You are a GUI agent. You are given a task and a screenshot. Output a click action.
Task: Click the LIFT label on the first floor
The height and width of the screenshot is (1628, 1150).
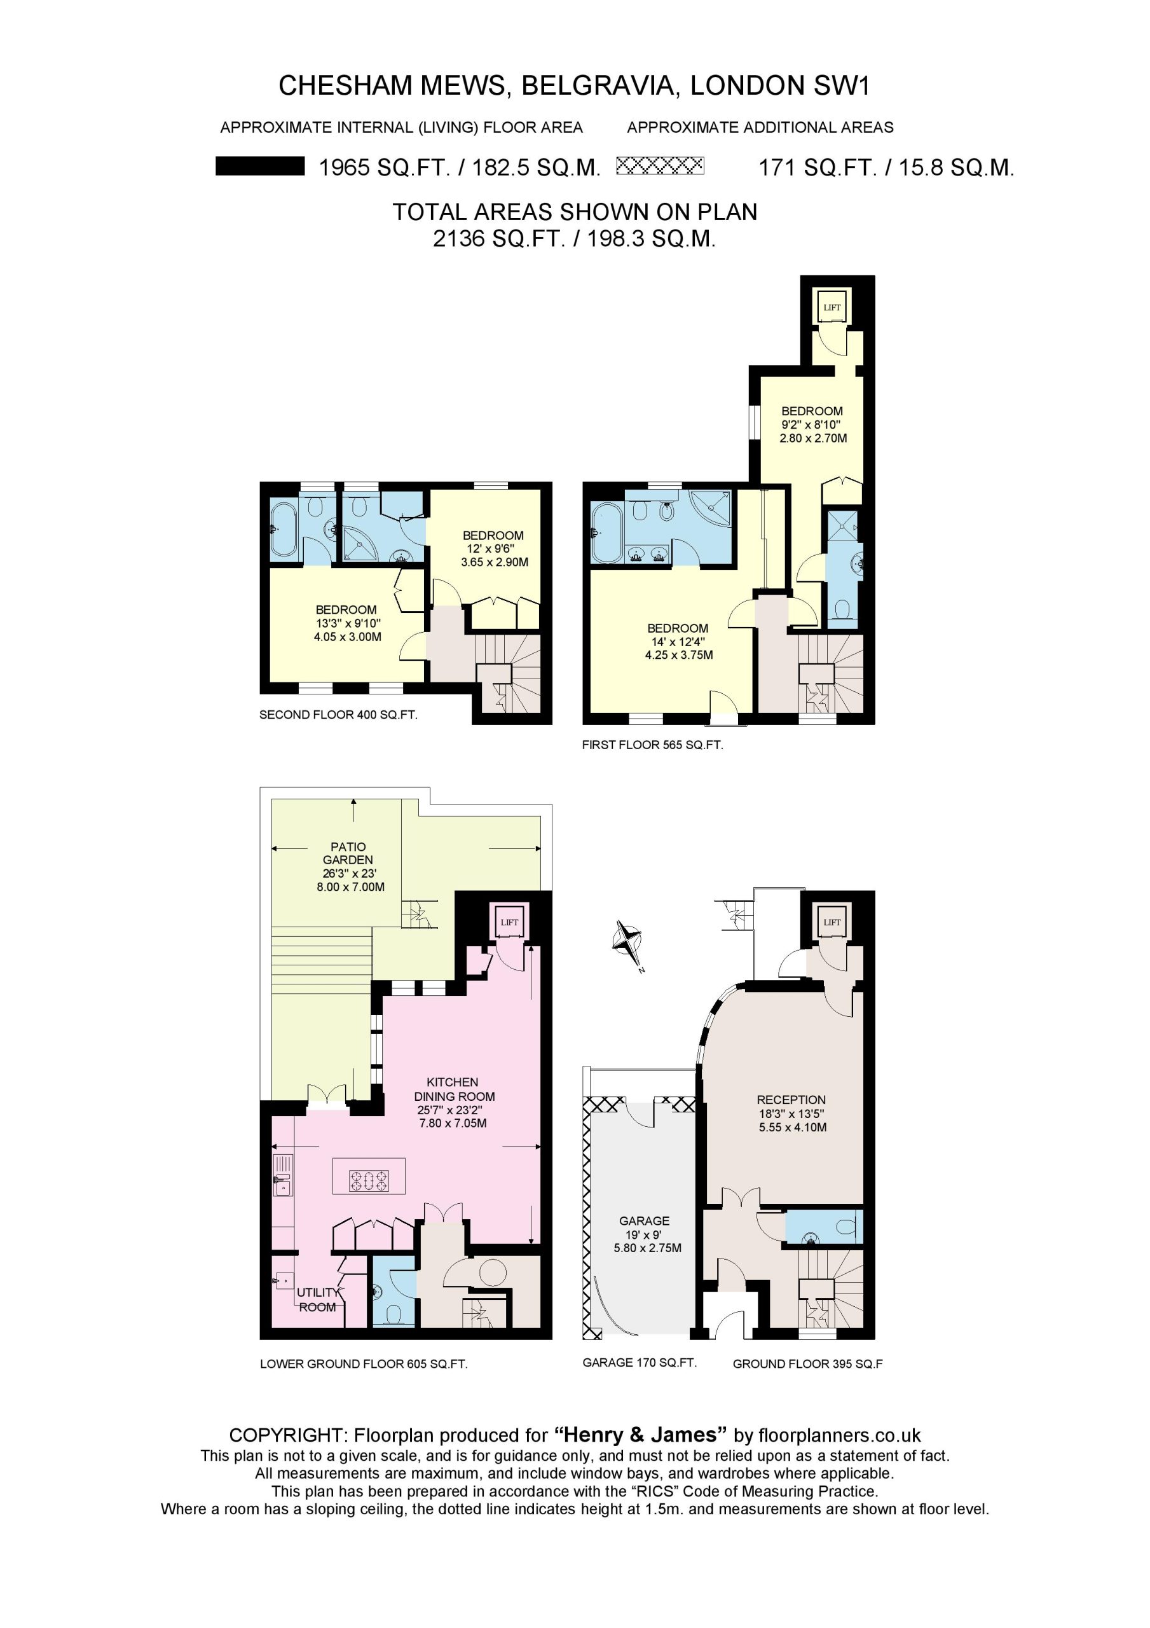pos(832,308)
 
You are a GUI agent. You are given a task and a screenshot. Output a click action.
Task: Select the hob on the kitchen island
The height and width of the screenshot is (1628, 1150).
pos(369,1180)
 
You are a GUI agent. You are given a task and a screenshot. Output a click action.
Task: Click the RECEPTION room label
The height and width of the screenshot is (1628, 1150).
pos(791,1100)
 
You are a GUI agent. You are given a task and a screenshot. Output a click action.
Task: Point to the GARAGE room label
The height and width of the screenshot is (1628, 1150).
pos(644,1221)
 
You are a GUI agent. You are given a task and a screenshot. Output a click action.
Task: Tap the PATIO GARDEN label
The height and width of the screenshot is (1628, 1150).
pos(348,853)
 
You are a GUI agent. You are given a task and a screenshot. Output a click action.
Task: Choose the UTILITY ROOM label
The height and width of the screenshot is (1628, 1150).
pos(318,1300)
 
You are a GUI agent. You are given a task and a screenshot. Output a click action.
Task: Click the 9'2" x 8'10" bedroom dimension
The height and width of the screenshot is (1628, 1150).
pos(811,425)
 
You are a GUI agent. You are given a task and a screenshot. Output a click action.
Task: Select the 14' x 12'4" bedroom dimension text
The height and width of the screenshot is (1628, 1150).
pos(677,642)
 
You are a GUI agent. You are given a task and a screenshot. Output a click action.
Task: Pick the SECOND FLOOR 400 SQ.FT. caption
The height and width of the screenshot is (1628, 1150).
pos(338,715)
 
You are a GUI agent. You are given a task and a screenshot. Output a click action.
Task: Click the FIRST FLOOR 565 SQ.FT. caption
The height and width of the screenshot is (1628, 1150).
pos(652,745)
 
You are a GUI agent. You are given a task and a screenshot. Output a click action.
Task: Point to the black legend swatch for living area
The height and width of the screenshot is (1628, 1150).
pos(260,166)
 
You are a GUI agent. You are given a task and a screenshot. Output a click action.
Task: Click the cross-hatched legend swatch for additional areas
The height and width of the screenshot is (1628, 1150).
pos(660,166)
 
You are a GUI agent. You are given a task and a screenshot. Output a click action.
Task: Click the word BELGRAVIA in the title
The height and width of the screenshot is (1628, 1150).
pos(598,85)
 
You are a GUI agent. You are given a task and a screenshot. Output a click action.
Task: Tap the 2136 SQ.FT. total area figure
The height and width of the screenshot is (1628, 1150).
pos(498,238)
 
